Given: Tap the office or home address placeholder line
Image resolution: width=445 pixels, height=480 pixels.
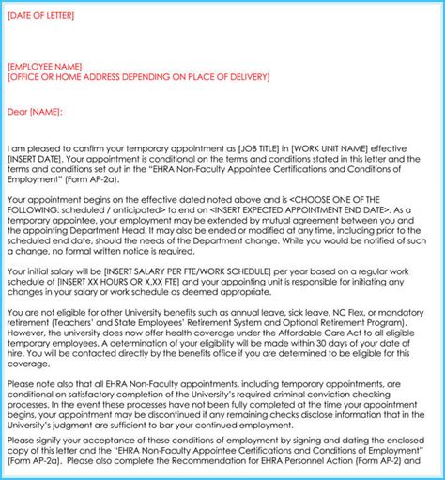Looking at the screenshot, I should pos(145,79).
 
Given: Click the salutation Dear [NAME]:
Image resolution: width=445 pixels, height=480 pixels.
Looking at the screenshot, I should pos(35,112).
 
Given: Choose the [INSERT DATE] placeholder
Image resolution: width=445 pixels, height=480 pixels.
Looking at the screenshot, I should pos(35,160).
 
